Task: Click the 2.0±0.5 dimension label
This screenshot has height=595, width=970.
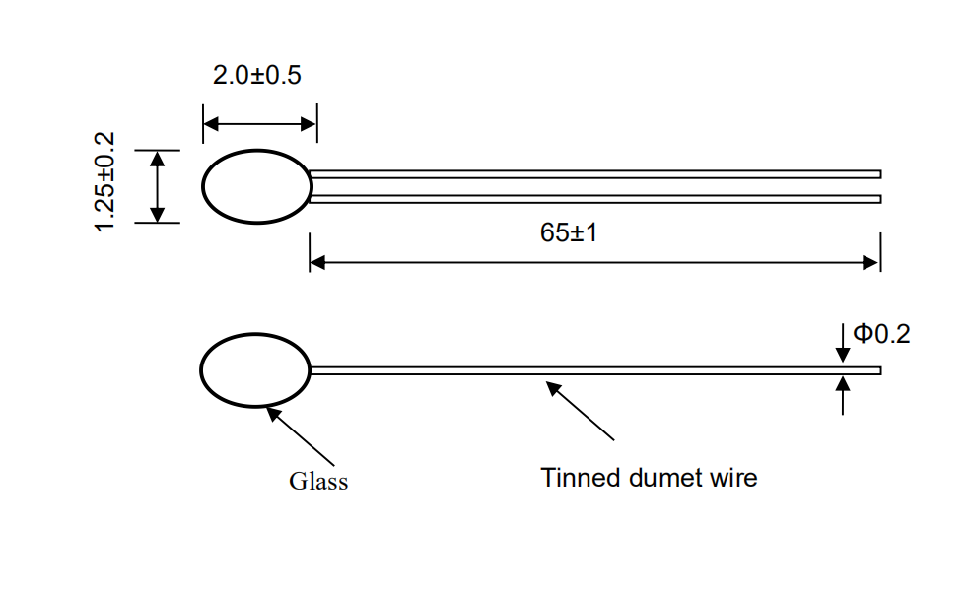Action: (257, 76)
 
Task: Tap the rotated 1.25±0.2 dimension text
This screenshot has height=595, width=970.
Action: (105, 182)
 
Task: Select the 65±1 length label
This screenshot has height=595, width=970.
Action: (570, 233)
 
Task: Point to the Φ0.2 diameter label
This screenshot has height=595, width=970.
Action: (881, 334)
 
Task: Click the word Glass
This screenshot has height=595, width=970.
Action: (317, 482)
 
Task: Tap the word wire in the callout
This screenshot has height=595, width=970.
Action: (733, 478)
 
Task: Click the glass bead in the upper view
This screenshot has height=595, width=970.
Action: (256, 186)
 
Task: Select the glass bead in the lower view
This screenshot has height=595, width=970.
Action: (254, 369)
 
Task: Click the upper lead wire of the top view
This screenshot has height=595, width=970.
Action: (591, 174)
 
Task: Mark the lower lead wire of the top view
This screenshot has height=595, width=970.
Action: (591, 199)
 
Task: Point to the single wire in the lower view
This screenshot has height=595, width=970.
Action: (591, 370)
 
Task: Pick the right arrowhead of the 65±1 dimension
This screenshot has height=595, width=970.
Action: (871, 263)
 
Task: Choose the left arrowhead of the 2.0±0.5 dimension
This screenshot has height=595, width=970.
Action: (210, 124)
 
